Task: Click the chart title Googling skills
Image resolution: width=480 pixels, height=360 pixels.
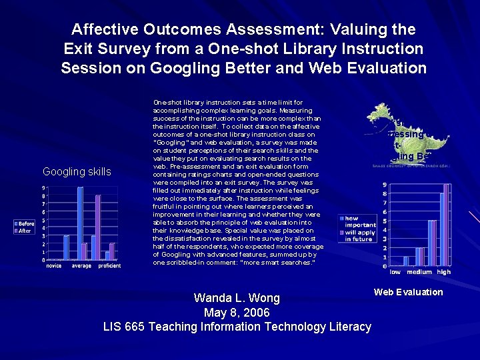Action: tap(77, 172)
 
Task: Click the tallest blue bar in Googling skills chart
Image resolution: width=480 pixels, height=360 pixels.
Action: tap(80, 223)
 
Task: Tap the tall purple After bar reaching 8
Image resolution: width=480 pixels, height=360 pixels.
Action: tap(98, 227)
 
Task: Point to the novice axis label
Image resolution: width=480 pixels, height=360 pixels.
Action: tap(54, 265)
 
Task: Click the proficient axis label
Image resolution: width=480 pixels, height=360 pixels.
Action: tap(109, 265)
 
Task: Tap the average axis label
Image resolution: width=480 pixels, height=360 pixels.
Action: tap(81, 265)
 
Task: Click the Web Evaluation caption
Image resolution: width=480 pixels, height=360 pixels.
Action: tap(408, 292)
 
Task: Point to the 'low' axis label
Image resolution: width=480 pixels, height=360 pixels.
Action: tap(395, 272)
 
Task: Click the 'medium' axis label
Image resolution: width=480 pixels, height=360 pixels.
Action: tap(419, 272)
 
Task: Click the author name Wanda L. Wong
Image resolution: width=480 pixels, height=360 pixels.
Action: tap(237, 298)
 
